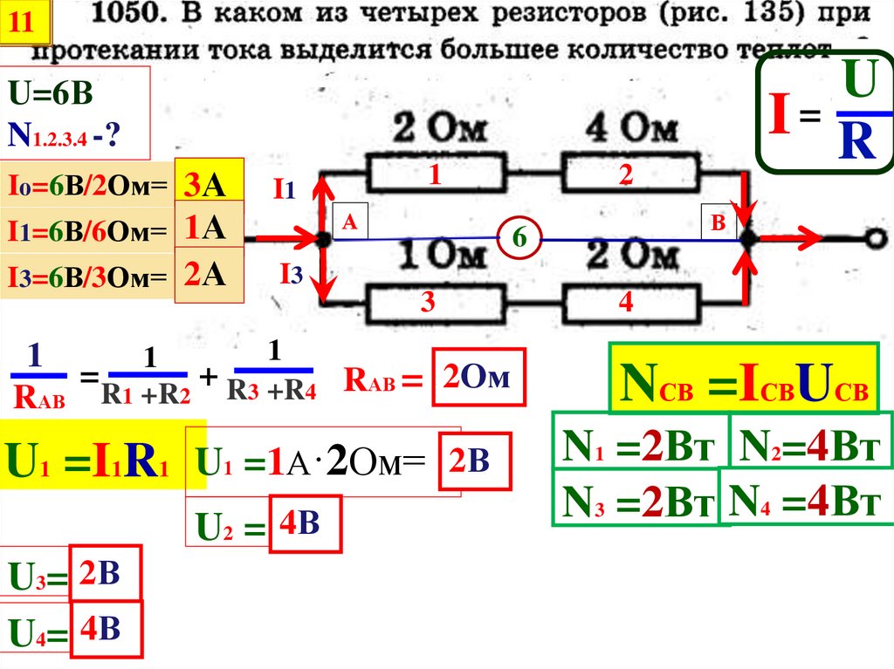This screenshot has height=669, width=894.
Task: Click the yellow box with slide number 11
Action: click(x=26, y=24)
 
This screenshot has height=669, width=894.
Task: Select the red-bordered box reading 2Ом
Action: click(x=478, y=377)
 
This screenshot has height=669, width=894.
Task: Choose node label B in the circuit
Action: click(x=719, y=223)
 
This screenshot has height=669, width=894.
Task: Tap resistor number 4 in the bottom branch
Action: click(x=625, y=303)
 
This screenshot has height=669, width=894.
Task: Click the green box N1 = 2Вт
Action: click(x=639, y=449)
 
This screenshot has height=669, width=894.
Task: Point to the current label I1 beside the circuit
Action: click(x=285, y=189)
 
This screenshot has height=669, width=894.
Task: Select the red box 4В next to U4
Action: click(x=106, y=630)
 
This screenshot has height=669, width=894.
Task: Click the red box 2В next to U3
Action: click(x=104, y=574)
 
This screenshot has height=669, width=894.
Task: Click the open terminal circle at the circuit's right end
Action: click(x=873, y=238)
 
